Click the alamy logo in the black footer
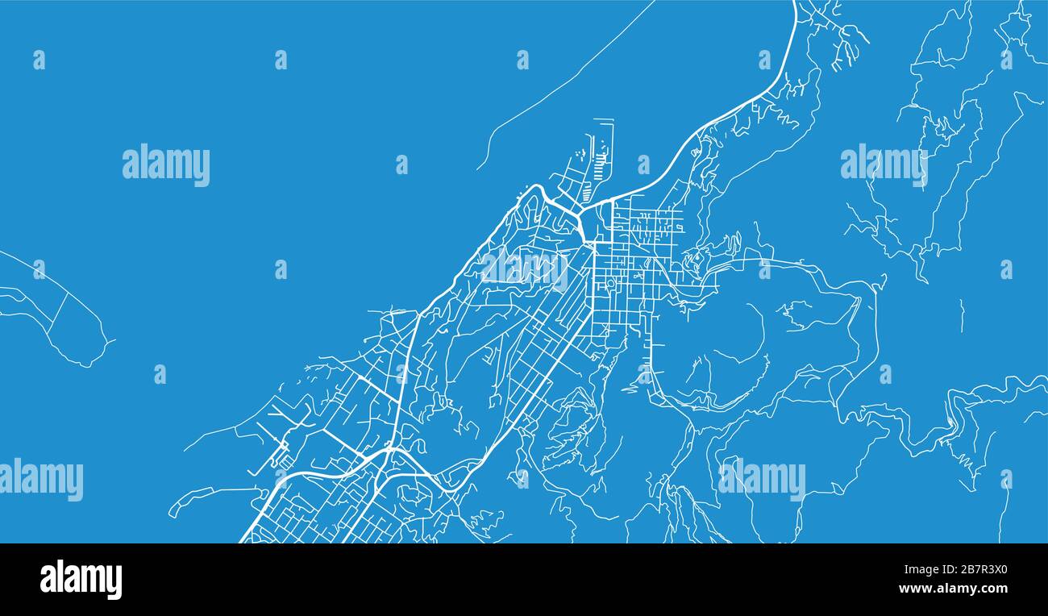(81, 580)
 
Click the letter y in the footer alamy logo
(114, 582)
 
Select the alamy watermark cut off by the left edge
(40, 479)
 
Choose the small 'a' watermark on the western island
(39, 268)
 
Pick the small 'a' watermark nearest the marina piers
(643, 164)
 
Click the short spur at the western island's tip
(110, 341)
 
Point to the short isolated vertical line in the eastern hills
(960, 315)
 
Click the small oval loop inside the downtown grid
(610, 284)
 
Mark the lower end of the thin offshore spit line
(480, 167)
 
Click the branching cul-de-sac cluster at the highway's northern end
(838, 32)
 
